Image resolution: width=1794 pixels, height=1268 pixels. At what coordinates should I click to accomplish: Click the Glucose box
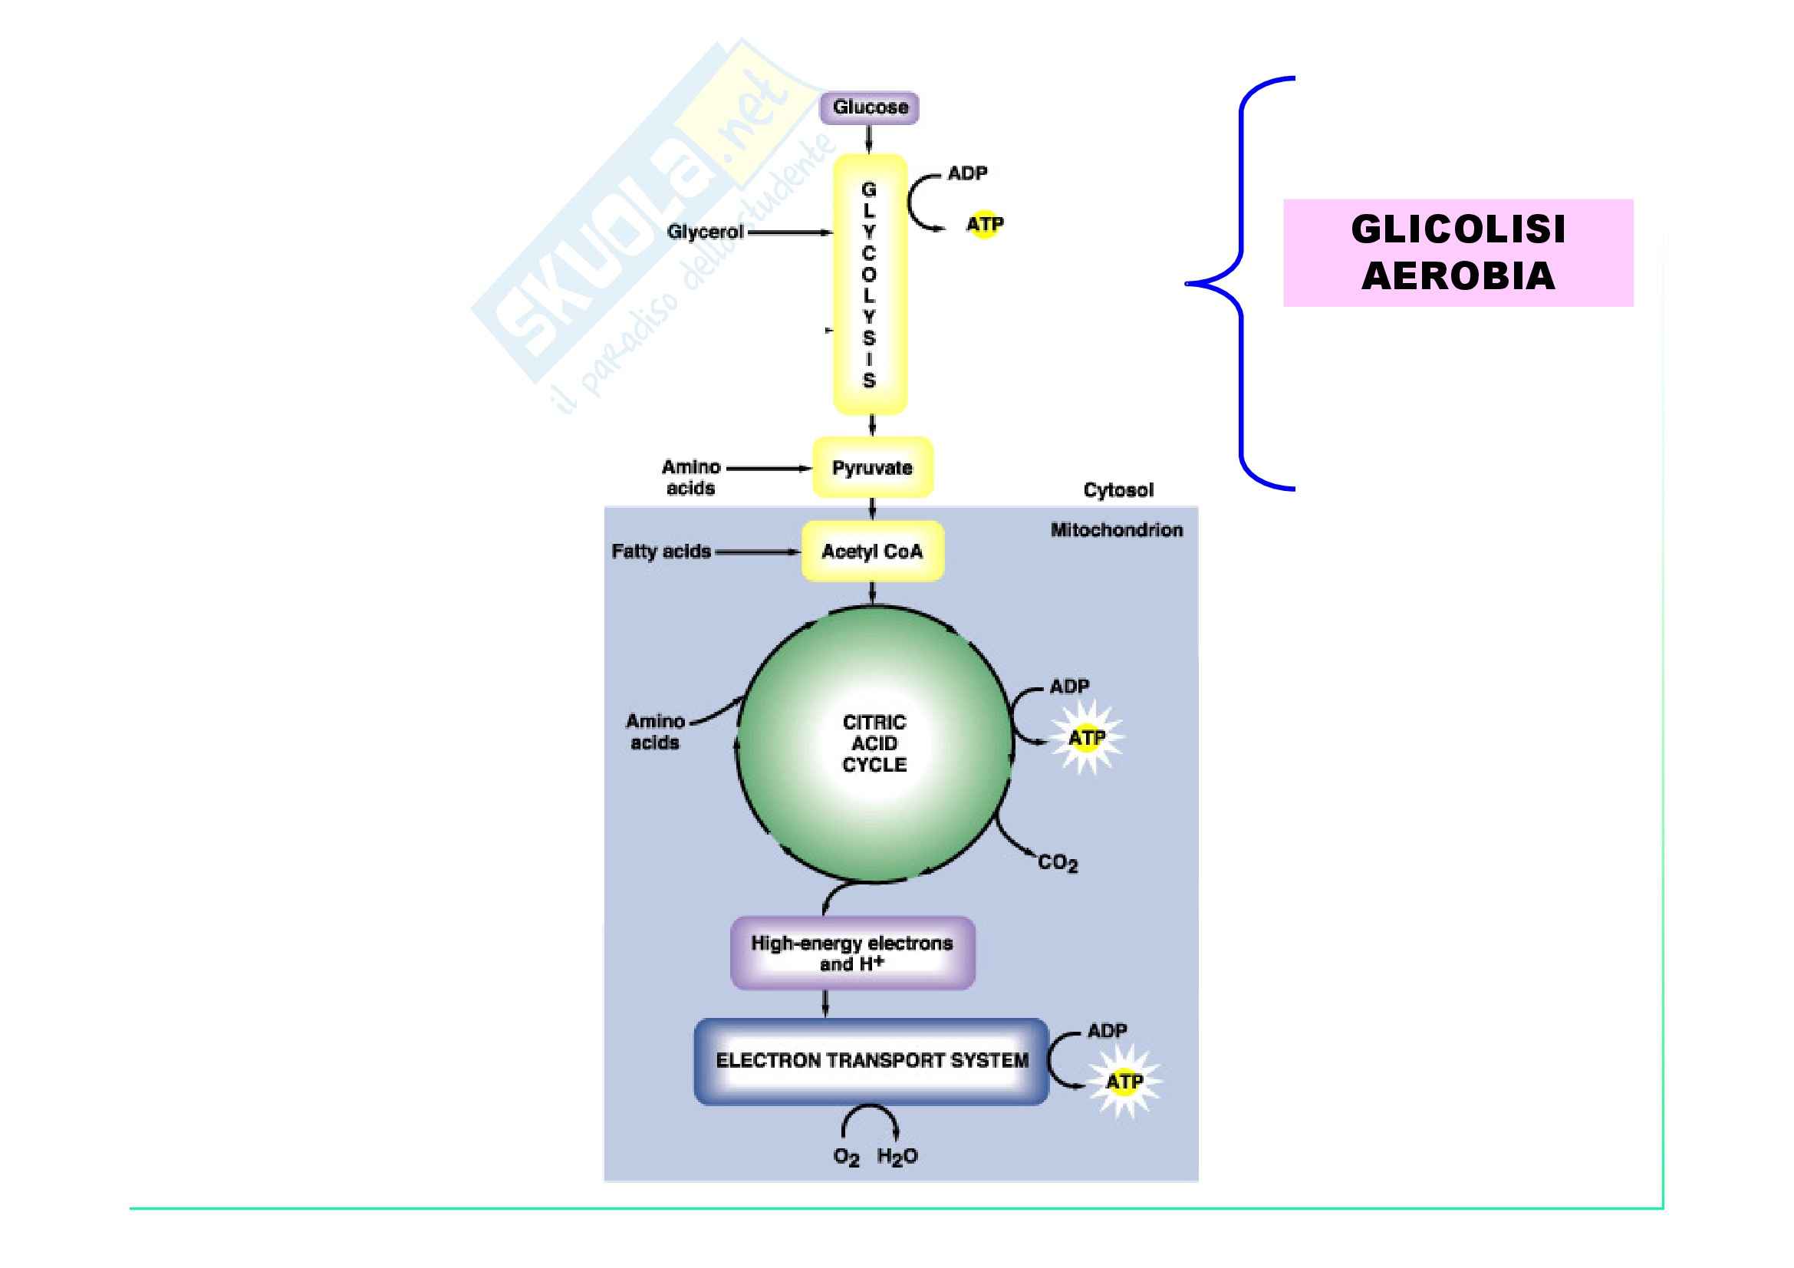[869, 108]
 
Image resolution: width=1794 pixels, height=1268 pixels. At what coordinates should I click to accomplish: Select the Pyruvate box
[872, 467]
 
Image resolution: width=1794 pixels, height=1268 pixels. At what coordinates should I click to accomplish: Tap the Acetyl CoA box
[872, 552]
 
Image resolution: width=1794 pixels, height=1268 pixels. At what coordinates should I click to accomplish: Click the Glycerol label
[705, 232]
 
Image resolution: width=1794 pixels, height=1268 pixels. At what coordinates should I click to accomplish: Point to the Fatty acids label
[661, 552]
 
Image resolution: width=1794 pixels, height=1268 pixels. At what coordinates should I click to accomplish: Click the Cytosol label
[1118, 490]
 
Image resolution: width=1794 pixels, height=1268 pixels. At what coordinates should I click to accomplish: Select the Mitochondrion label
[1116, 530]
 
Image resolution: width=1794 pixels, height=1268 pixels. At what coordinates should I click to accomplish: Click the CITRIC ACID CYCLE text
[874, 743]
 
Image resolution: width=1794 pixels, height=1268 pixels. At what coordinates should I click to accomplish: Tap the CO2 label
[1057, 862]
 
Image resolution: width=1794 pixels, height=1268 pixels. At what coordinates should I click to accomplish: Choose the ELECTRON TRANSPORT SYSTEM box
[871, 1060]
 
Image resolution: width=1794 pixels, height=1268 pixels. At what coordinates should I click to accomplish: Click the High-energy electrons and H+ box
[851, 953]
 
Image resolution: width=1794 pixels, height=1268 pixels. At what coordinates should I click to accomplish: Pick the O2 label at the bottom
[846, 1157]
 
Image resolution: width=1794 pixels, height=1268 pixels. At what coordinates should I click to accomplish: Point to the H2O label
[897, 1156]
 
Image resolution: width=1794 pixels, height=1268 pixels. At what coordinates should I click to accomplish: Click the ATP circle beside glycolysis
[985, 225]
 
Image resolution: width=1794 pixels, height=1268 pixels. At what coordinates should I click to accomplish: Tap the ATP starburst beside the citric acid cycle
[1087, 737]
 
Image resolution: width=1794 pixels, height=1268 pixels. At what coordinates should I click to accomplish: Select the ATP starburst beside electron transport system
[1124, 1082]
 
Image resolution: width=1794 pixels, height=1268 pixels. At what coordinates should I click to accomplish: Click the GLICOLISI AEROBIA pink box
[1458, 252]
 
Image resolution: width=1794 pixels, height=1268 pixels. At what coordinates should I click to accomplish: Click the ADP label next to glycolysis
[967, 173]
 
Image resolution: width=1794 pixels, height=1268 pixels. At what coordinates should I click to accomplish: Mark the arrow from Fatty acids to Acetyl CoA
[756, 552]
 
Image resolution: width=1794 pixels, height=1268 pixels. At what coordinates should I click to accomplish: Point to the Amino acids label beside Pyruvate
[691, 477]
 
